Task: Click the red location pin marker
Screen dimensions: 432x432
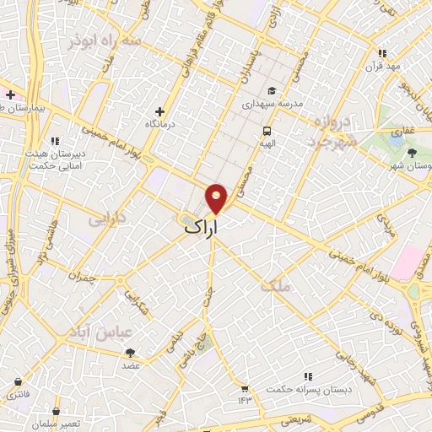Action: click(217, 197)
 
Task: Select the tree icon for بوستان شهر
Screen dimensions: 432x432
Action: click(412, 153)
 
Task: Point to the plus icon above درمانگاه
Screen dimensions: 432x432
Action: click(159, 111)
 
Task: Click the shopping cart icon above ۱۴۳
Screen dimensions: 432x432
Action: click(245, 389)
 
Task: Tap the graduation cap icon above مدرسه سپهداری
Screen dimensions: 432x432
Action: click(271, 91)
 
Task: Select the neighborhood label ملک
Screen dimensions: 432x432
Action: click(276, 286)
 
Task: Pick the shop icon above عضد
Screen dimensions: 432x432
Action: click(130, 353)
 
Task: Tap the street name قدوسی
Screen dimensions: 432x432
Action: click(373, 411)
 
